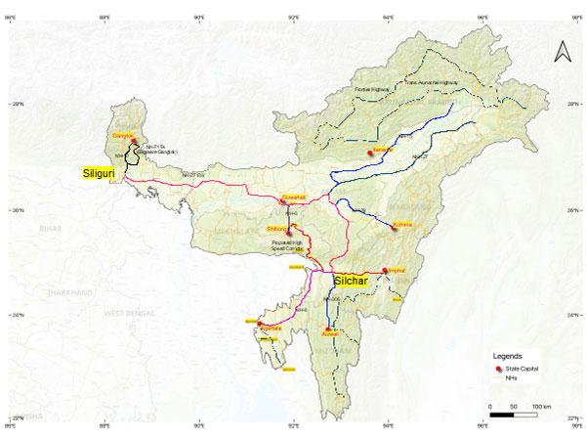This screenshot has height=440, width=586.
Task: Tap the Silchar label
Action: [x=352, y=280]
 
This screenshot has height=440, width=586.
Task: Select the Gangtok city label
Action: [x=122, y=134]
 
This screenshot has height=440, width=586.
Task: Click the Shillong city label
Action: [x=277, y=228]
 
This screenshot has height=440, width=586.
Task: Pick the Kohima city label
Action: [x=401, y=226]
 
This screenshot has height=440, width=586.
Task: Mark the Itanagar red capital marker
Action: [x=369, y=154]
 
